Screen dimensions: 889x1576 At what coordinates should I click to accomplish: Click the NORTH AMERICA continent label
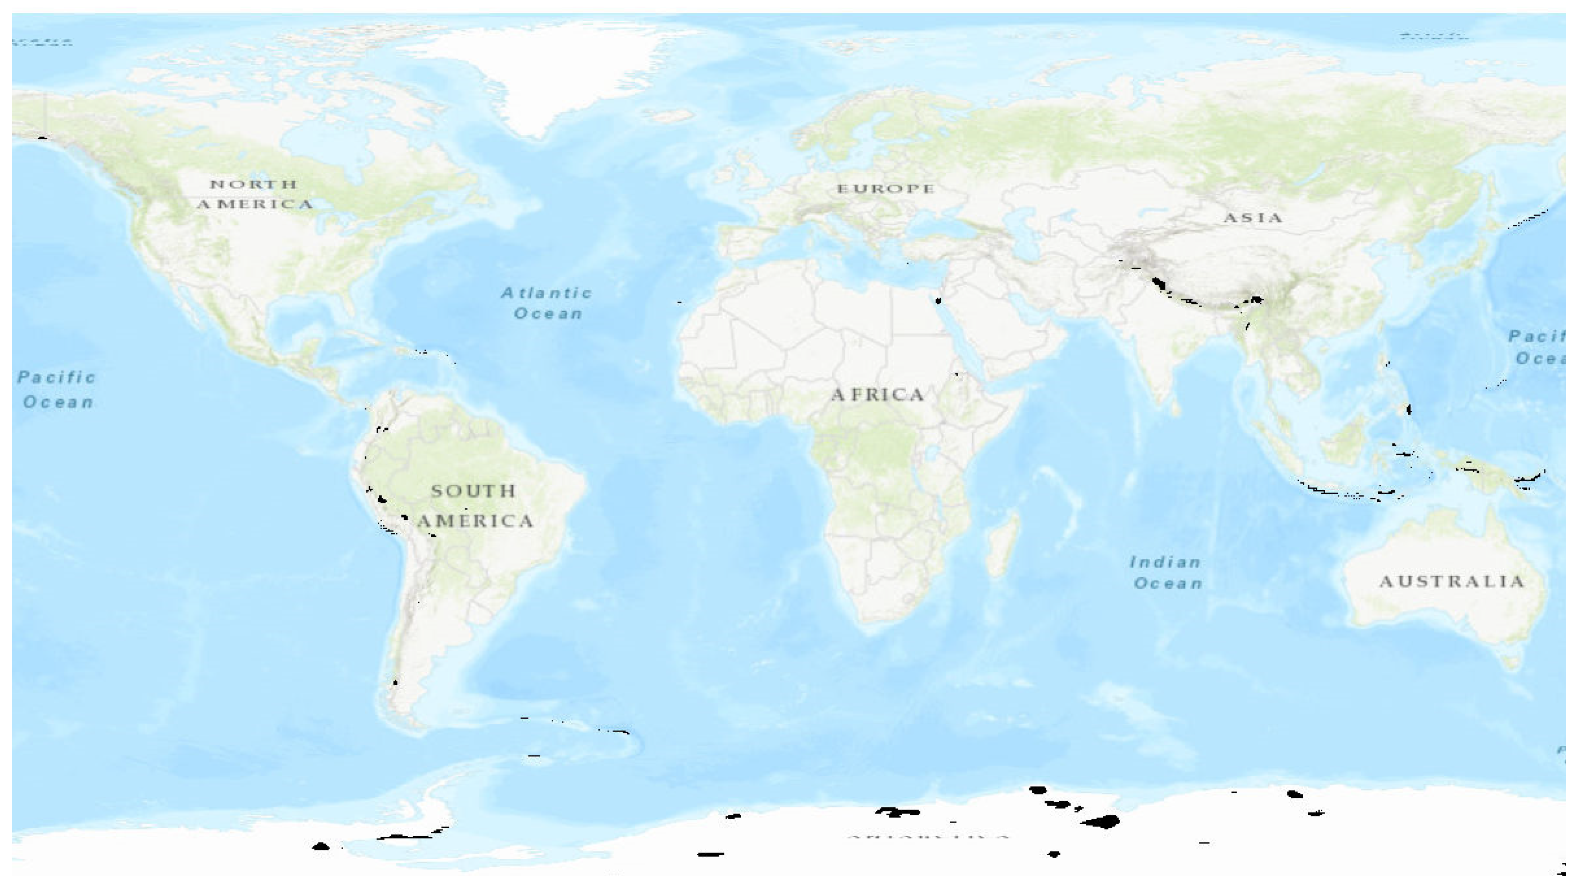pyautogui.click(x=255, y=194)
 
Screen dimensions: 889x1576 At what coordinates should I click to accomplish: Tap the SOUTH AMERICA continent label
pyautogui.click(x=474, y=506)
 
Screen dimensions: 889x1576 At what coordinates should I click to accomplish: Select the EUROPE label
pyautogui.click(x=885, y=189)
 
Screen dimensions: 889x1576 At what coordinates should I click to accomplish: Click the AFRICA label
pyautogui.click(x=877, y=395)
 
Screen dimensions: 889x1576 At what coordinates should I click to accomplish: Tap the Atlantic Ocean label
pyautogui.click(x=547, y=303)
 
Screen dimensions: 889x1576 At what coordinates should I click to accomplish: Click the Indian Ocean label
pyautogui.click(x=1166, y=573)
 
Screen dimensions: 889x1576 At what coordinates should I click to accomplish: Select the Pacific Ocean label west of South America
pyautogui.click(x=57, y=390)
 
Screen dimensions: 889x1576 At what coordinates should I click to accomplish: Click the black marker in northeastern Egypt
pyautogui.click(x=938, y=300)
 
